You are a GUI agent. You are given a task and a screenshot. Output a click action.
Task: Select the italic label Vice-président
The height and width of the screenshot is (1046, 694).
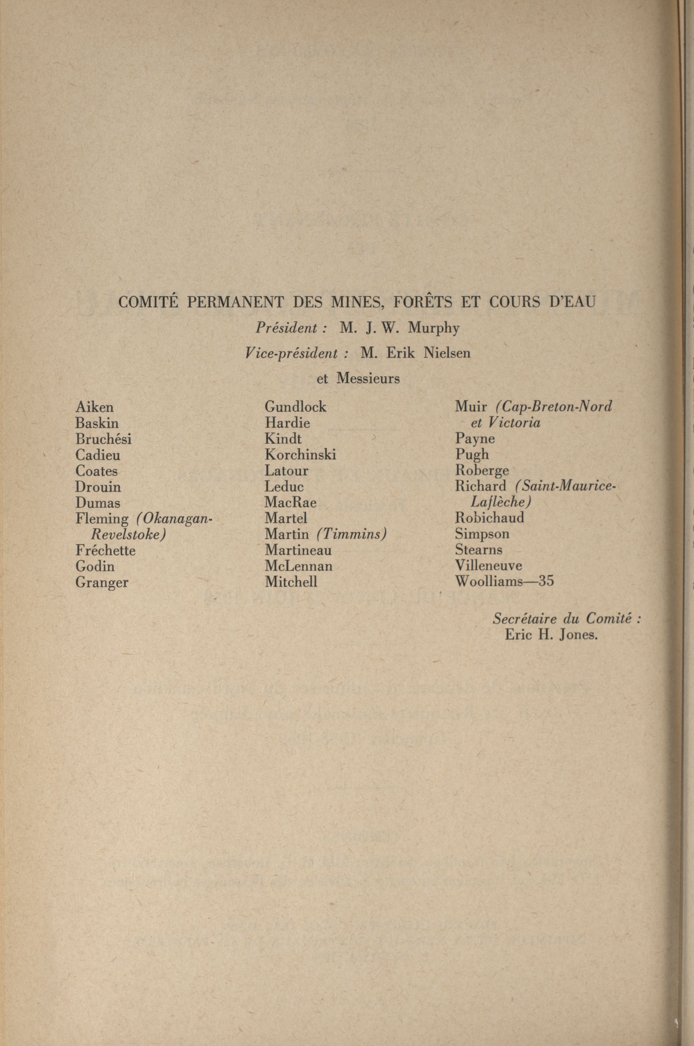(292, 353)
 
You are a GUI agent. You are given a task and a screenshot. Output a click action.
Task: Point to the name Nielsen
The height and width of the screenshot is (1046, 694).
(446, 353)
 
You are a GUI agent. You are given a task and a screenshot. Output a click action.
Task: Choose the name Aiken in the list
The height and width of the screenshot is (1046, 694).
(94, 407)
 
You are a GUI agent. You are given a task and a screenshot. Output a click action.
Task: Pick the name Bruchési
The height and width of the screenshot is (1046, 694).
(103, 439)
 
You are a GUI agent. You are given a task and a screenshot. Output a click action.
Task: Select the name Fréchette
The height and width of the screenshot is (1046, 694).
(106, 550)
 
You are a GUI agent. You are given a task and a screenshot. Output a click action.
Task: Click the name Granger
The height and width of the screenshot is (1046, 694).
(102, 582)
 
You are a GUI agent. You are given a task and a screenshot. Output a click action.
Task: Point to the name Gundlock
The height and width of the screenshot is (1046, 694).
(295, 407)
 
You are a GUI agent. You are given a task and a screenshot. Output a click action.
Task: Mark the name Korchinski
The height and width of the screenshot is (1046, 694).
(300, 454)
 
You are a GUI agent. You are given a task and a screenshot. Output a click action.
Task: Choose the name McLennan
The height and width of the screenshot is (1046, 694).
(298, 566)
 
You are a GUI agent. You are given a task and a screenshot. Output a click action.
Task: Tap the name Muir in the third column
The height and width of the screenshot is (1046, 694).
(471, 407)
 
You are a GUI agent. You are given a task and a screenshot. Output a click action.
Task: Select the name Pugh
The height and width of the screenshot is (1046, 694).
(472, 454)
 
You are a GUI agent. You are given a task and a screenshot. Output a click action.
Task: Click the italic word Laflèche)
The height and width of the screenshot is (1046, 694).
(501, 502)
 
